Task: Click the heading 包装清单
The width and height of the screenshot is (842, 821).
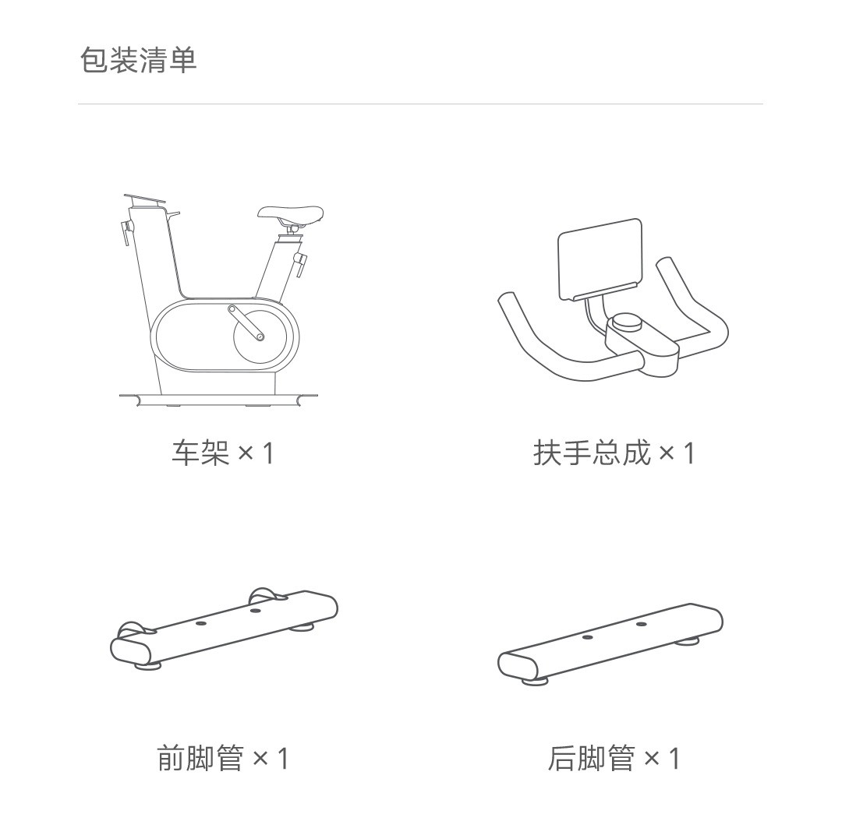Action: click(139, 59)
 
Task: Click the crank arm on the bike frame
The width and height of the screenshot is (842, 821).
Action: click(246, 323)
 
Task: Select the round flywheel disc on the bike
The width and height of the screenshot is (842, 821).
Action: click(260, 337)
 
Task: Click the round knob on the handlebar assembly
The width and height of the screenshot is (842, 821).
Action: click(627, 322)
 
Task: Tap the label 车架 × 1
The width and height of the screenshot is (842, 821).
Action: click(223, 453)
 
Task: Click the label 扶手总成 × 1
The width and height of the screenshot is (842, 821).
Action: click(614, 453)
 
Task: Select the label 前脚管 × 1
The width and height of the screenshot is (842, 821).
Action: click(223, 758)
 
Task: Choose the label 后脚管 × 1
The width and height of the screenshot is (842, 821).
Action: click(614, 758)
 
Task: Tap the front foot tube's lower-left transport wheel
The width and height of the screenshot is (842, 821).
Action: click(132, 629)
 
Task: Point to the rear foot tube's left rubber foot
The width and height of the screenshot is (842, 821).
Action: click(535, 681)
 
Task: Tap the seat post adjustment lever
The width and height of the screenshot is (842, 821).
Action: click(299, 263)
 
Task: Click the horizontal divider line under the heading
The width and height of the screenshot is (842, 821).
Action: click(420, 104)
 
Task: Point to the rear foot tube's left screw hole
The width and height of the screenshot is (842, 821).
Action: click(587, 637)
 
